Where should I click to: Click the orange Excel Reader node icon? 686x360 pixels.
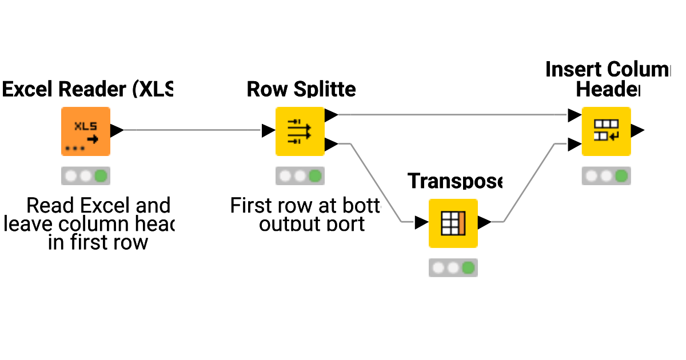point(86,131)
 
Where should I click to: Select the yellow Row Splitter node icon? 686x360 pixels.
point(300,131)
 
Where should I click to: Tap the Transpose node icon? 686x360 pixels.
point(453,223)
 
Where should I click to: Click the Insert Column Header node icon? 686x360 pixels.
point(606,131)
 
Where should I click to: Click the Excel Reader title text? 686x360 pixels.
point(87,89)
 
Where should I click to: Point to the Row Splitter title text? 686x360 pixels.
point(301,89)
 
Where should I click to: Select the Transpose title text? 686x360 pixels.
point(455,181)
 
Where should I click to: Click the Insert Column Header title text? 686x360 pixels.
point(608,79)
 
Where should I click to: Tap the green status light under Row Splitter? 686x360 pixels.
point(314,176)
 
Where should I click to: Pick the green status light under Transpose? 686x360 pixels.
point(468,267)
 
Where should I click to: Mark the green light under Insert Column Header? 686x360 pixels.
point(621,176)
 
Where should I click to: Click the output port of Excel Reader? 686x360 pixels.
point(117,130)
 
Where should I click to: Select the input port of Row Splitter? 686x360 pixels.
point(268,130)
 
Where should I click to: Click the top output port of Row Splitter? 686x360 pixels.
point(331,115)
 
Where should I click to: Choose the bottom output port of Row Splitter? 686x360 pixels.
point(331,145)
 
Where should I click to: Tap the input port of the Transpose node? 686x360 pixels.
point(421,222)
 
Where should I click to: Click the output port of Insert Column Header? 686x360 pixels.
point(637,130)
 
